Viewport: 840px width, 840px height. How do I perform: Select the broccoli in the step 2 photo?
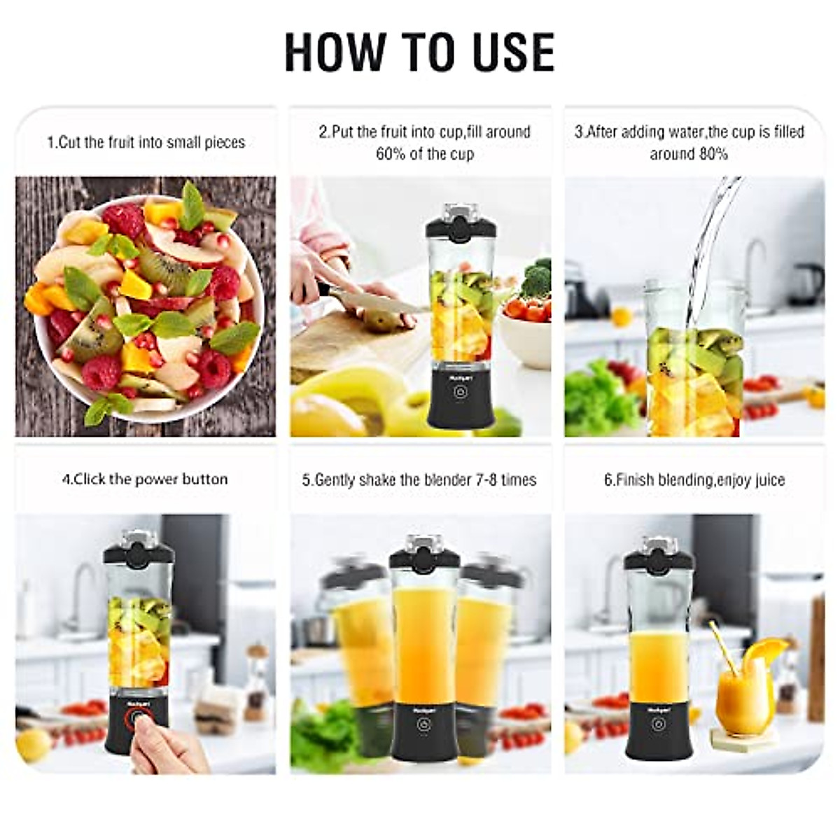click(538, 276)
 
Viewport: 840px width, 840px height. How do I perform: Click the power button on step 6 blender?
click(657, 724)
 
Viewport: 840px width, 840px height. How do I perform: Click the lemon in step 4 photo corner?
click(33, 745)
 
